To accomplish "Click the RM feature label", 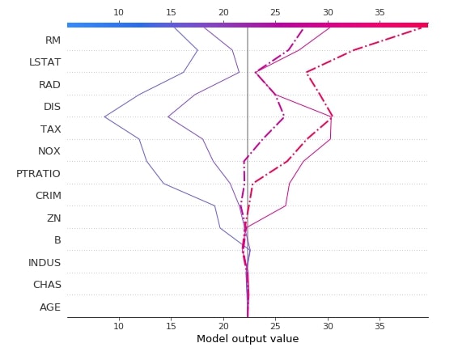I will pos(53,40).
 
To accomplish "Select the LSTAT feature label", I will pos(45,62).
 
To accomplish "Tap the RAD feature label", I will pos(50,84).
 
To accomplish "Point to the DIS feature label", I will pos(52,107).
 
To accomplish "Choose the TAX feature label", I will pos(51,129).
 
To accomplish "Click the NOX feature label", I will pos(49,151).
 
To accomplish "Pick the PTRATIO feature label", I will pos(38,173).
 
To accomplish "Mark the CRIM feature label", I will pos(48,196).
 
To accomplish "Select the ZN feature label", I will pos(54,218).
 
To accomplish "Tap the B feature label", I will pos(57,240).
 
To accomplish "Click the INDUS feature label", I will pos(45,262).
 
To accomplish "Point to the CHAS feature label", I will pos(47,285).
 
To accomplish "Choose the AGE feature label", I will pos(50,307).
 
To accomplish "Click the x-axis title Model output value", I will pos(248,339).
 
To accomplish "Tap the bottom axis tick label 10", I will pos(118,325).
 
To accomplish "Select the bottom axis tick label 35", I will pos(380,325).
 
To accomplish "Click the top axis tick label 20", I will pos(223,12).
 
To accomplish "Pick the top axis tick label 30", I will pos(328,12).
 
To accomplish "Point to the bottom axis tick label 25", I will pos(275,325).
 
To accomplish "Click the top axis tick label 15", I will pos(171,12).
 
